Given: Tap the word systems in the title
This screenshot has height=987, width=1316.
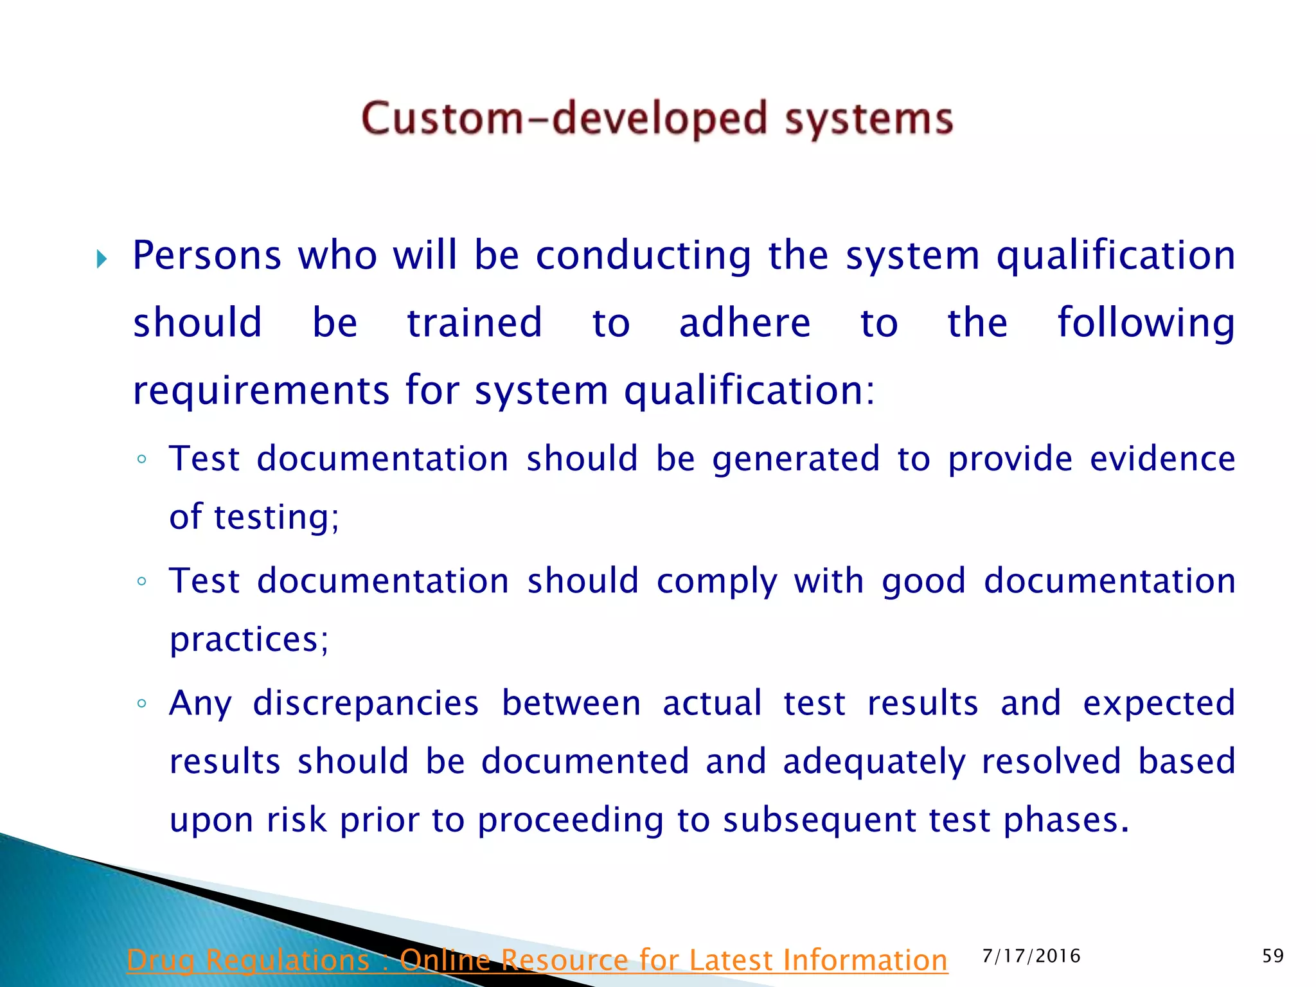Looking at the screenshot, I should tap(869, 119).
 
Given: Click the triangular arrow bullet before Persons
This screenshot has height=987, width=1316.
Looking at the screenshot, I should tap(102, 260).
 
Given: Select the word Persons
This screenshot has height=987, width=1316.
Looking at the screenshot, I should tap(207, 256).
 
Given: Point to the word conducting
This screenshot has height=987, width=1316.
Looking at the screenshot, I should tap(643, 256).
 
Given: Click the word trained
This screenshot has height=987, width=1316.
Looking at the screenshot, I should tap(475, 323).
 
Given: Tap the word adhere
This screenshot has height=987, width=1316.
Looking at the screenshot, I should tap(745, 323).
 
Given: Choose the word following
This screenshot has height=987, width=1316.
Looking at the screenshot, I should tap(1146, 324).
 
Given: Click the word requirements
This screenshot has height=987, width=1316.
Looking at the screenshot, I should tap(261, 391).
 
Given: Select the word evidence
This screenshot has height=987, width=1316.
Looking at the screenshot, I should tap(1162, 459).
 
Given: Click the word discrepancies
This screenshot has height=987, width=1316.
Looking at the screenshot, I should tap(366, 703).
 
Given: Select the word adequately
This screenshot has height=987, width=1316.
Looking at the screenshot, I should tap(874, 762).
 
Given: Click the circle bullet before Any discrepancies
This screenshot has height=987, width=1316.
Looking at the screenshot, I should tap(142, 703).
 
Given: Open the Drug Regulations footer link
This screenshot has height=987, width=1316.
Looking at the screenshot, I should tap(537, 960).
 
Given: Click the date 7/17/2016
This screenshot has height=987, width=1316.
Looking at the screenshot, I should tap(1031, 956).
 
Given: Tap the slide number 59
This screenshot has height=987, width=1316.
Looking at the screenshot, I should tap(1272, 956).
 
